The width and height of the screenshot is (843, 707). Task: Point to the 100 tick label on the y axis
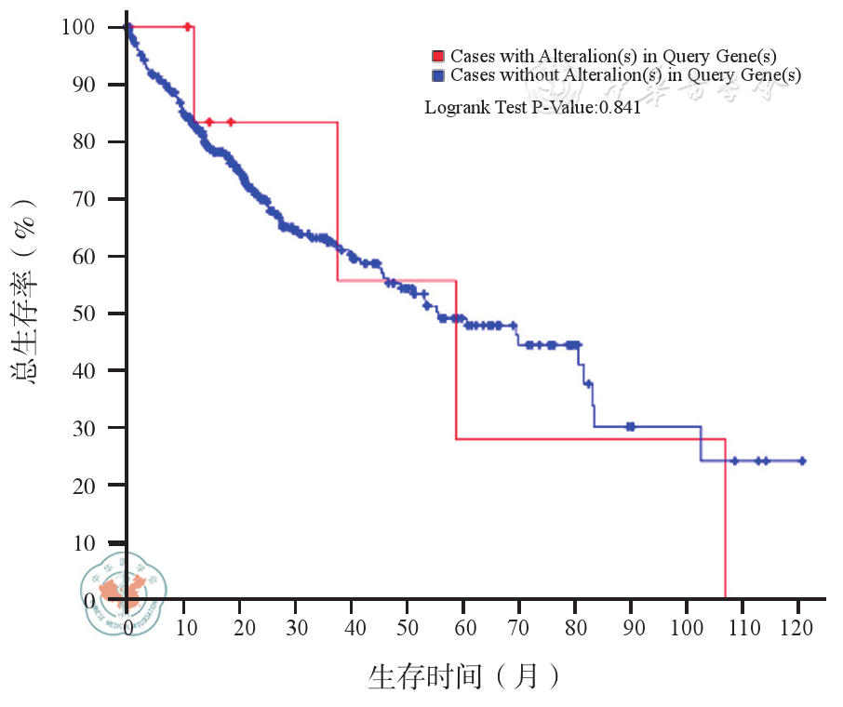click(x=78, y=27)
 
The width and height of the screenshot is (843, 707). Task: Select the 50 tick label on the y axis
click(x=84, y=313)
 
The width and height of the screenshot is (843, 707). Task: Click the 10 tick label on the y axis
click(x=84, y=542)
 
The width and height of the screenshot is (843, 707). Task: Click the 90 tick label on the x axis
click(x=633, y=628)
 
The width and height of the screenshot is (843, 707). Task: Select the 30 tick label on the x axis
click(x=297, y=628)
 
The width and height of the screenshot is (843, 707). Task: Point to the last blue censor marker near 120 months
click(x=802, y=460)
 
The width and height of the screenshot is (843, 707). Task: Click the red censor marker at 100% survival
click(x=188, y=27)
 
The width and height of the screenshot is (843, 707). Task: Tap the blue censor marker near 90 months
click(x=631, y=426)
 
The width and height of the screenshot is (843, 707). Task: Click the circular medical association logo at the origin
click(x=124, y=597)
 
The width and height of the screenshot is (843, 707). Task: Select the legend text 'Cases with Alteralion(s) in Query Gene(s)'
click(x=613, y=57)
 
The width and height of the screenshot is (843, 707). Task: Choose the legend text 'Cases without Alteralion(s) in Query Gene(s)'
click(x=624, y=74)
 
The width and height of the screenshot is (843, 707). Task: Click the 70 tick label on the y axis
click(x=84, y=199)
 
